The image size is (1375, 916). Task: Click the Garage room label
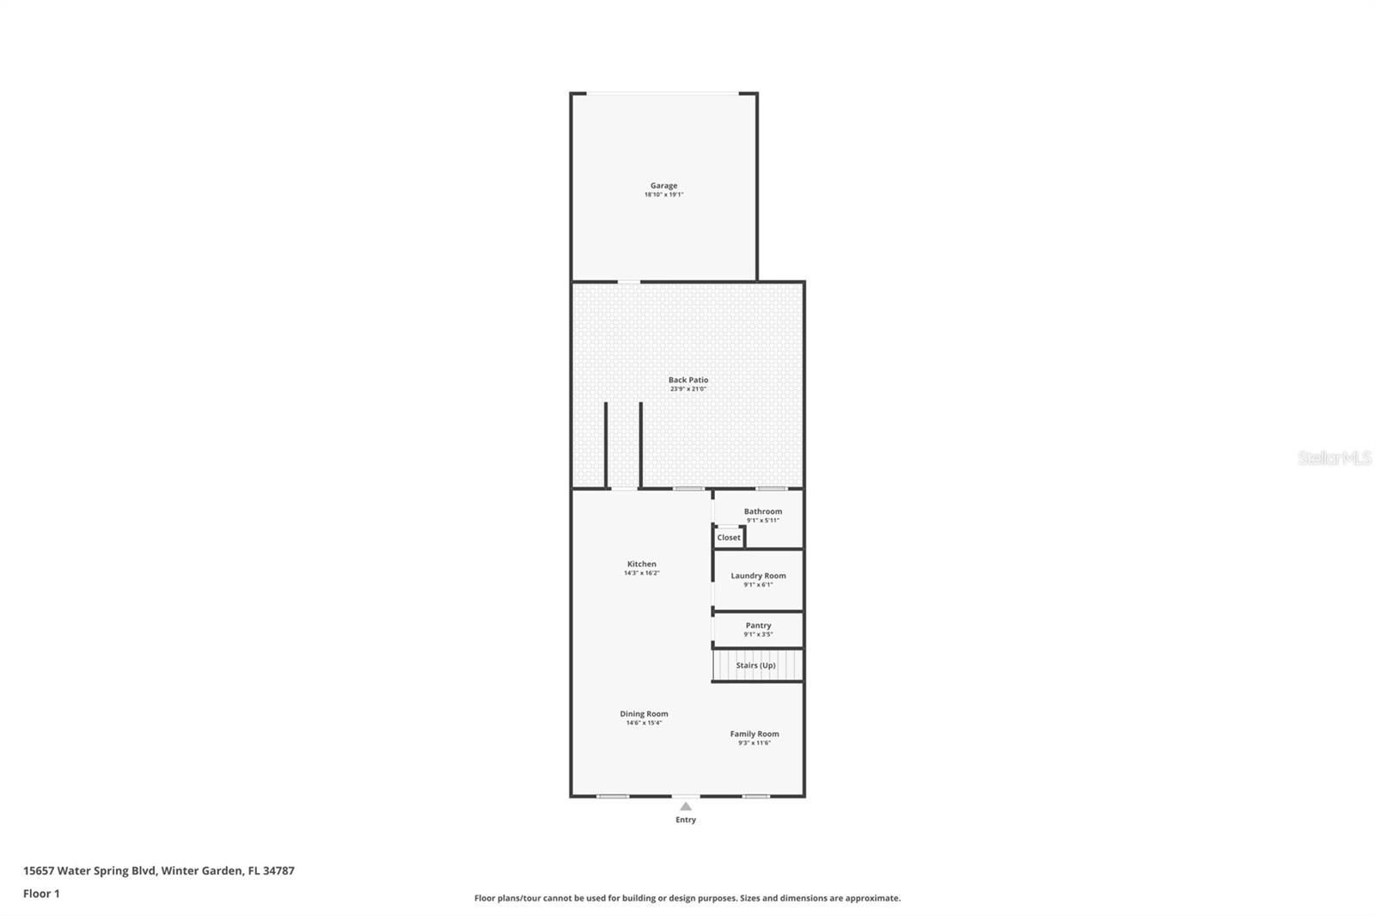663,186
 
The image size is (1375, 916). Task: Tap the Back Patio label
688,380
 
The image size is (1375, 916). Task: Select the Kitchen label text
641,565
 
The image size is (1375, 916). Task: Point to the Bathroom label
763,511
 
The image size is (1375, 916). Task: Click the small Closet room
729,538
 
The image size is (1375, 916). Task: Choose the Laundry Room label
758,576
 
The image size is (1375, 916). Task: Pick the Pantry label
758,626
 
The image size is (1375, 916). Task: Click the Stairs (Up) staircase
756,666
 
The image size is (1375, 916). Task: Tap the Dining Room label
644,714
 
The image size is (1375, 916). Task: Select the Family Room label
755,734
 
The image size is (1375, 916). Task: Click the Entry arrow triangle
686,807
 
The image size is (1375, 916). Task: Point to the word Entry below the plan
686,820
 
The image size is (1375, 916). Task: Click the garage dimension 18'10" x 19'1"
663,195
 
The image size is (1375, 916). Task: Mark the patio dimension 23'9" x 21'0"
688,389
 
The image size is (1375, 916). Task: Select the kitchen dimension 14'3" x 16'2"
641,573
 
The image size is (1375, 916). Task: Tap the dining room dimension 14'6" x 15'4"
644,724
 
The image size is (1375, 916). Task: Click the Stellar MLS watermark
1334,459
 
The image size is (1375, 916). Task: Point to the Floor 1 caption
41,894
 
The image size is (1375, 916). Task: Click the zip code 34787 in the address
278,870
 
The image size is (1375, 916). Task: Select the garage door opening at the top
663,94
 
